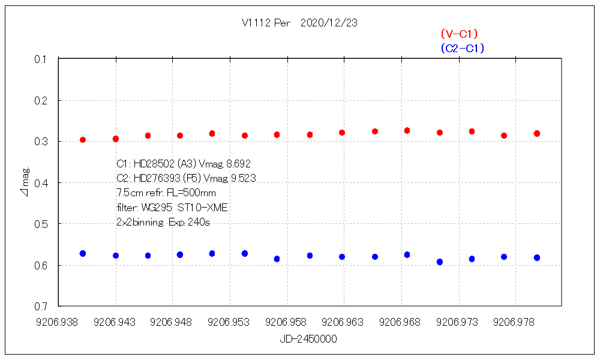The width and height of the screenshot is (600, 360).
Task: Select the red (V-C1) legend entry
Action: coord(459,34)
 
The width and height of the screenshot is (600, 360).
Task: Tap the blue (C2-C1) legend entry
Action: coord(462,49)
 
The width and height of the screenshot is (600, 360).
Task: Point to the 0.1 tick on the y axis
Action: coord(41,59)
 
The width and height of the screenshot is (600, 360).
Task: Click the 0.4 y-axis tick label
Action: coord(41,182)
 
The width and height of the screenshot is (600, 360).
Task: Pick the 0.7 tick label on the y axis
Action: coord(41,307)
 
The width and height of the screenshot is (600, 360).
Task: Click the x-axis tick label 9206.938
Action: coord(58,322)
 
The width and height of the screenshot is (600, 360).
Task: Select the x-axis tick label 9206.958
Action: coord(287,322)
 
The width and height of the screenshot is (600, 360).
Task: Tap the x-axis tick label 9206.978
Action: coord(517,322)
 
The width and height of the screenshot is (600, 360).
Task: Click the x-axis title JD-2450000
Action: coord(308,339)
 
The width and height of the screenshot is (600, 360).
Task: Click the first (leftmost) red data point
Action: coord(83,140)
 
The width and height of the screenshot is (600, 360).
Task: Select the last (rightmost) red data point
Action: coord(537,133)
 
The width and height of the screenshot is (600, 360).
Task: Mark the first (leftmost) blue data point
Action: coord(83,253)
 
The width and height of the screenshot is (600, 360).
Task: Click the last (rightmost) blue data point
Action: coord(537,257)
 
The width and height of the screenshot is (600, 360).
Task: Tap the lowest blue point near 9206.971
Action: coord(440,262)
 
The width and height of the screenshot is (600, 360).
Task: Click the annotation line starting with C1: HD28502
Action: coord(183,163)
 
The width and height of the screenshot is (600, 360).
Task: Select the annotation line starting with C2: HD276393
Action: coord(187,178)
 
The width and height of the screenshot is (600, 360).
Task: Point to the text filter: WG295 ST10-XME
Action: coord(172,208)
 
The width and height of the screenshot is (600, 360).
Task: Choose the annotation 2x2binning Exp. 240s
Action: coord(163,222)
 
